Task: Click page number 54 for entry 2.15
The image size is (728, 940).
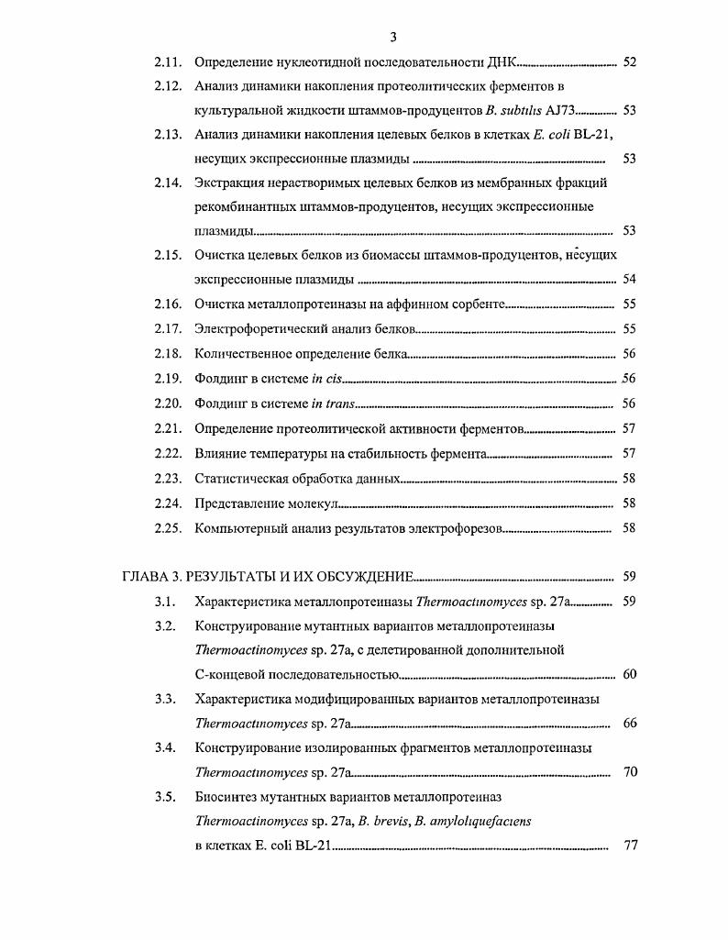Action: click(x=629, y=279)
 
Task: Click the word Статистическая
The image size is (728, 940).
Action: click(x=241, y=479)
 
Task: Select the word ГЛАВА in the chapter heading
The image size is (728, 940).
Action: click(x=146, y=577)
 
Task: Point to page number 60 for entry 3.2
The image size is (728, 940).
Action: click(x=629, y=674)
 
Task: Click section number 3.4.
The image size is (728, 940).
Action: click(x=165, y=747)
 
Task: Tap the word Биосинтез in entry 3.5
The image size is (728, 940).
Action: click(x=225, y=796)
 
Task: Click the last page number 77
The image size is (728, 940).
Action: click(x=629, y=845)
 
